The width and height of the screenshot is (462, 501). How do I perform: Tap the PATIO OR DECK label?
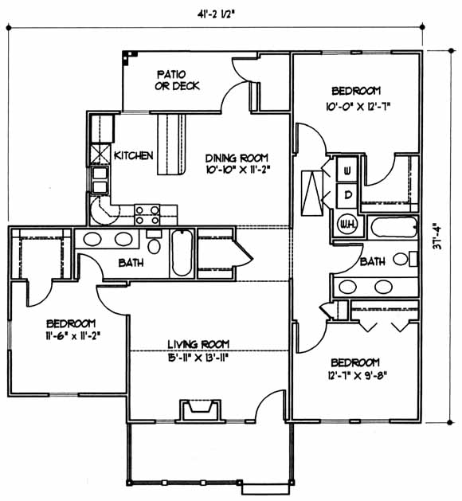point(177,80)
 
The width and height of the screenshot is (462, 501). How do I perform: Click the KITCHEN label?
point(134,155)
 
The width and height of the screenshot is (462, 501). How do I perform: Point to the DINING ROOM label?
point(237,159)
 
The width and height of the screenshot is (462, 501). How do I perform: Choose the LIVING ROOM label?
point(198,344)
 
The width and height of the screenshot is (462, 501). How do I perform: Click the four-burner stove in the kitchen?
point(147,215)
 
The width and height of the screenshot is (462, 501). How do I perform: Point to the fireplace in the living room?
point(201,410)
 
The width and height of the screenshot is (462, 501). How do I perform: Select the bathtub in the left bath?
point(182,252)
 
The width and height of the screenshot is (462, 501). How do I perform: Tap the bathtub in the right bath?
point(394,227)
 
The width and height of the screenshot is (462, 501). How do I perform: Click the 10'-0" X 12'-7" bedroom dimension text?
point(358,106)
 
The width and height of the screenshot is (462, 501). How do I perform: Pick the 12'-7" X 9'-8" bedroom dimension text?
point(357,375)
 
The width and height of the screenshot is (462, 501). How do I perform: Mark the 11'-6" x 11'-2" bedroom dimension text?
point(73,335)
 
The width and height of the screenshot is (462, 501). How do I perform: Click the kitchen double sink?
point(100,180)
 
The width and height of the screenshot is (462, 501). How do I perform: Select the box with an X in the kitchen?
point(100,155)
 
